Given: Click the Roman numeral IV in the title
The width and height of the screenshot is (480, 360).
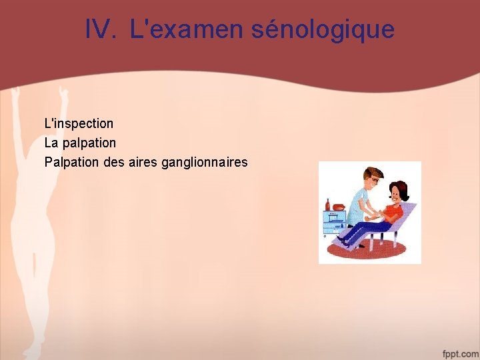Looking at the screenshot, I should tap(101, 29).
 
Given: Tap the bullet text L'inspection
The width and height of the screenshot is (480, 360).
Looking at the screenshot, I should tap(79, 123).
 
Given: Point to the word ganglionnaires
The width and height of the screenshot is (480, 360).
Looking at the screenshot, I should tap(204, 162).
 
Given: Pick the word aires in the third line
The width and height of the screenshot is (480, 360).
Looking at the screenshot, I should tap(143, 162).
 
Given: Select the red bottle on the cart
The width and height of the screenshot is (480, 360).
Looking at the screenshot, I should tap(327, 203).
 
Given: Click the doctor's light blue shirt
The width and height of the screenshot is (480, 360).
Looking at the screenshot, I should tap(360, 200).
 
